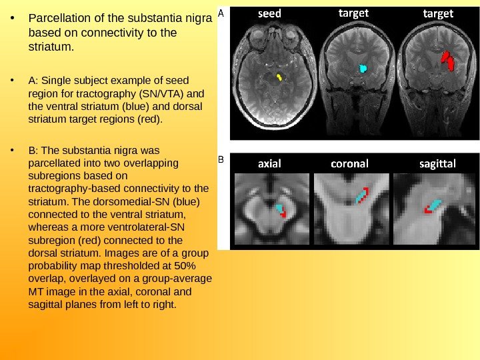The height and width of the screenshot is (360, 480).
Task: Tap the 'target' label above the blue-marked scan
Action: click(x=353, y=13)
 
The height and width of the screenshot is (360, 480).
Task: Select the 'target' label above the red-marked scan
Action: click(x=438, y=13)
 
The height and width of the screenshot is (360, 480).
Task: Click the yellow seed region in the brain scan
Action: click(x=279, y=77)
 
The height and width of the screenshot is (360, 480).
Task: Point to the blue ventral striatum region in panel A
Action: click(x=363, y=68)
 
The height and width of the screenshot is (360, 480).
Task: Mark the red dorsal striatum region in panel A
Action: click(x=447, y=61)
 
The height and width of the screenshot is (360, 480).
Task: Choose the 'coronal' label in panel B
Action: click(x=349, y=163)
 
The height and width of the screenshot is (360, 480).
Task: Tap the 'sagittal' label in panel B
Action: click(x=437, y=163)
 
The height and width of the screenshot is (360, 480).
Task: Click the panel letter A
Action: click(x=221, y=12)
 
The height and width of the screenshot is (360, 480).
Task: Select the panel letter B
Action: click(x=222, y=160)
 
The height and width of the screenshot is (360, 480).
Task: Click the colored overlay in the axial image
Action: click(x=281, y=211)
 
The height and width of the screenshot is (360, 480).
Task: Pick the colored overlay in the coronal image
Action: click(x=361, y=196)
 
